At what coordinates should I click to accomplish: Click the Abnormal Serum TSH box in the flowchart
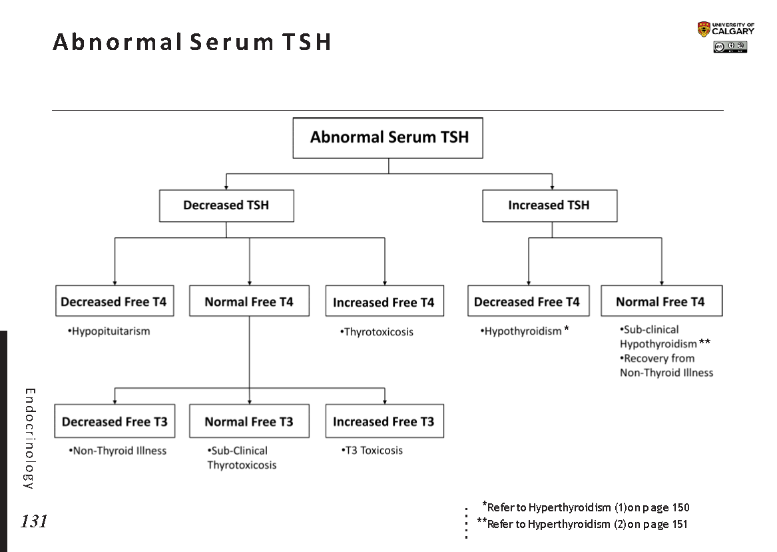click(388, 138)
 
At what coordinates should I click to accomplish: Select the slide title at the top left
click(192, 42)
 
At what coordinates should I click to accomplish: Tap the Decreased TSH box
click(226, 205)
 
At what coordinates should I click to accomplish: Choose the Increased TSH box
click(549, 205)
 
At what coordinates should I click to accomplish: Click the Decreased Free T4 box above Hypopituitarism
click(115, 301)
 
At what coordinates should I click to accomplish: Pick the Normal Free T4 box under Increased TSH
click(660, 301)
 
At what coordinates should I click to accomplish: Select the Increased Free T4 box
click(384, 302)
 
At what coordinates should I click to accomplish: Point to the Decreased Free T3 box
click(115, 421)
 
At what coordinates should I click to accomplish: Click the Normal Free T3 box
click(249, 421)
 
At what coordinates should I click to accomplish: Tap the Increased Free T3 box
click(384, 421)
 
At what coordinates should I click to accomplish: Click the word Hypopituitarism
click(110, 331)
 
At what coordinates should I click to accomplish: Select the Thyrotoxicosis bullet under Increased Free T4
click(377, 332)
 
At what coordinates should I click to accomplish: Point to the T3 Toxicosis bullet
click(372, 451)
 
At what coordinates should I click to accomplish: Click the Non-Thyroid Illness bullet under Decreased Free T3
click(118, 451)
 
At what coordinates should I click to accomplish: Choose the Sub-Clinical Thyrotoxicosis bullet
click(241, 458)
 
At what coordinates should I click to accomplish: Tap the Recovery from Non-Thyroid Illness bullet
click(666, 365)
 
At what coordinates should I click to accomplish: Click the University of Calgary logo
click(726, 29)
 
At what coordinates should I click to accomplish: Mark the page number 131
click(34, 521)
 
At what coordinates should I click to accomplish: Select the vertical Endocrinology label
click(29, 438)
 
